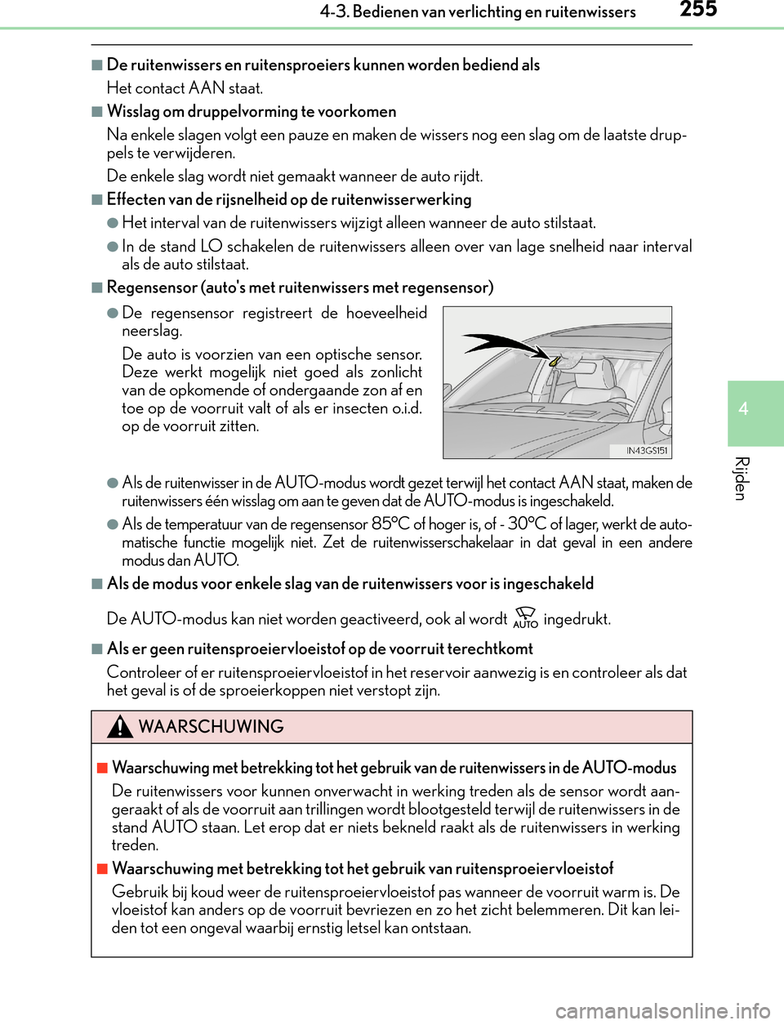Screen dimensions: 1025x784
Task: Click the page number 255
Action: [698, 10]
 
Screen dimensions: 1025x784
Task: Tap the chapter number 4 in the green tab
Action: [743, 408]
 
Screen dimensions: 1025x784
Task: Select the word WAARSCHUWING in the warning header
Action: [211, 727]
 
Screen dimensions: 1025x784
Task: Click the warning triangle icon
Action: [120, 726]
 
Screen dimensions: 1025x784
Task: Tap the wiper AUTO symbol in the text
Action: [525, 618]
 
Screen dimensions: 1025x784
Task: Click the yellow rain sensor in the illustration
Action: [555, 360]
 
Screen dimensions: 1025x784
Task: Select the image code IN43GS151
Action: [647, 451]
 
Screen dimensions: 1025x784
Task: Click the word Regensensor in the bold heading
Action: [152, 287]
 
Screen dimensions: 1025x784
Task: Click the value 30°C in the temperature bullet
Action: [527, 524]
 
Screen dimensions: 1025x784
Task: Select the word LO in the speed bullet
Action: [212, 247]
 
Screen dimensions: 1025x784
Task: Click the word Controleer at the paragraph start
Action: [144, 672]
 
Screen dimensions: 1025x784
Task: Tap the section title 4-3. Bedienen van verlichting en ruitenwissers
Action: [478, 12]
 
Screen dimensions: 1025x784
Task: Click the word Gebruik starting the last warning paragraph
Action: [140, 892]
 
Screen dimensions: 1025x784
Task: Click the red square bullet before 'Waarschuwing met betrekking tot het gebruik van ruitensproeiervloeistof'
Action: [102, 869]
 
